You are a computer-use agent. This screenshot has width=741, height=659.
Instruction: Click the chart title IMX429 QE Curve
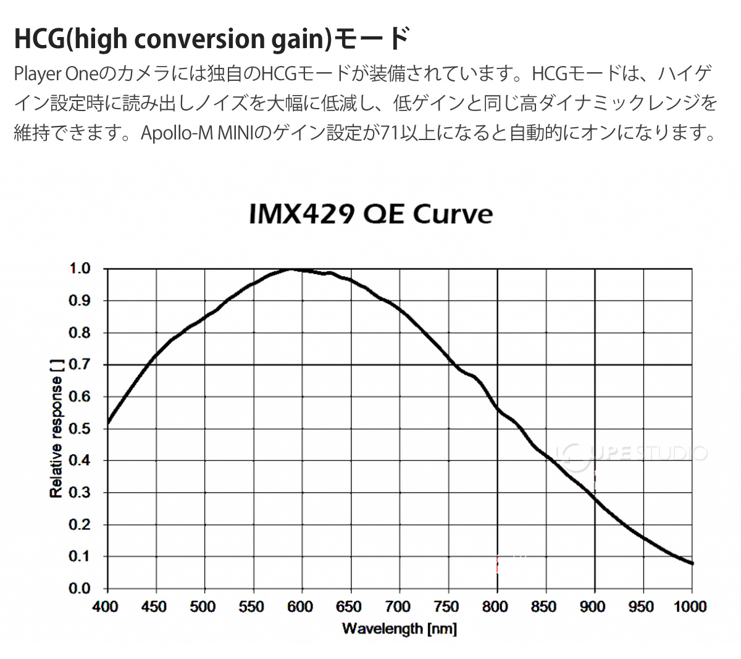(371, 214)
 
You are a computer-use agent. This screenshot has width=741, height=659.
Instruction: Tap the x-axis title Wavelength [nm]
(400, 629)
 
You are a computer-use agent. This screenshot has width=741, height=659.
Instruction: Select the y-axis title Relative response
(56, 428)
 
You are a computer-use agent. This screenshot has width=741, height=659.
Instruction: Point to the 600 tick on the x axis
(300, 607)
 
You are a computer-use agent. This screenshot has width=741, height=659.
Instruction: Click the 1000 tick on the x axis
(690, 607)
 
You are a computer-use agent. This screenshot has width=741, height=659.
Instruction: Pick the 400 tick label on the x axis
(106, 607)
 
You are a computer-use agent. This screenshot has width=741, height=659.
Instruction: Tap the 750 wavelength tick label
(446, 607)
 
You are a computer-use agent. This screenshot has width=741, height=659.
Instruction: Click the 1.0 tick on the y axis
(80, 269)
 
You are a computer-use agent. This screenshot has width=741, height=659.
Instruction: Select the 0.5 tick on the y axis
(80, 429)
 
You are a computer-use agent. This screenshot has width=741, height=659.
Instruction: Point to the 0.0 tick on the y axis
(80, 589)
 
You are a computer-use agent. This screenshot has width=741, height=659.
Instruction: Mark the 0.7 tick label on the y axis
(80, 365)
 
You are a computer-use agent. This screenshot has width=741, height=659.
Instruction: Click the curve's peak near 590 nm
(291, 269)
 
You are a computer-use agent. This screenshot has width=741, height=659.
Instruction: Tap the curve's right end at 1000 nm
(692, 563)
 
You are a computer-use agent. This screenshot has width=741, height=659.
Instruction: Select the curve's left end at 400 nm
(109, 423)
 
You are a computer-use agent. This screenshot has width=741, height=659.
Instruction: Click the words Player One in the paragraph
(56, 74)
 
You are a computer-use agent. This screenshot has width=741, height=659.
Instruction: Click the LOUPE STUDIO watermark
(630, 454)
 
